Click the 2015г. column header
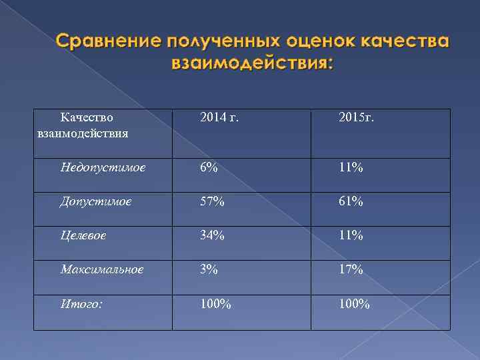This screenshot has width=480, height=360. point(356,118)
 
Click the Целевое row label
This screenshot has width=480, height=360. point(83,235)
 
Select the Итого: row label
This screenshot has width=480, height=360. point(81,304)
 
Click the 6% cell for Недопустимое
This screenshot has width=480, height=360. point(208,167)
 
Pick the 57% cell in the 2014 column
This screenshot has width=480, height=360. point(212,201)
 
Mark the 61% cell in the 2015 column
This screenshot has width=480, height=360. point(350,201)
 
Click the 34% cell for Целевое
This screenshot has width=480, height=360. point(212,235)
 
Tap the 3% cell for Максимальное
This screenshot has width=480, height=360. point(208,269)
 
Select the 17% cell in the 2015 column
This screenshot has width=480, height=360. point(350,269)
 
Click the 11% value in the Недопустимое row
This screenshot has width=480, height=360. point(350,167)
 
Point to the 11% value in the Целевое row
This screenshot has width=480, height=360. point(350,235)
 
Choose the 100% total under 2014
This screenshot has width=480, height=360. point(215,304)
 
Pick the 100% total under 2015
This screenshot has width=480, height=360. point(354,304)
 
